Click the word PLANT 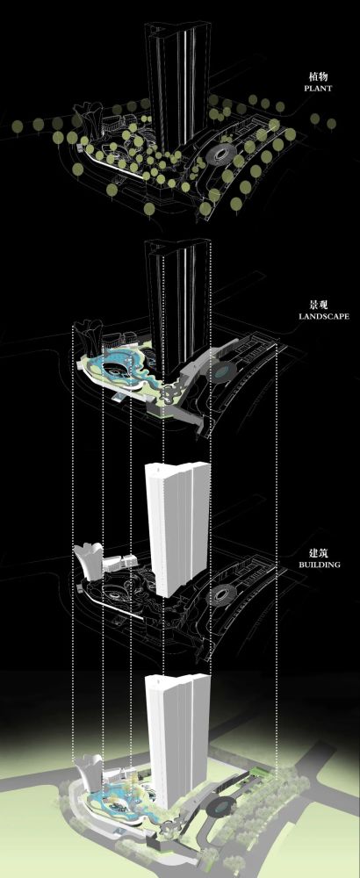coord(318,89)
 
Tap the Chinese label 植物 coord(318,76)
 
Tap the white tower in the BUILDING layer coord(176,529)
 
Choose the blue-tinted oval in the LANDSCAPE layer coord(223,371)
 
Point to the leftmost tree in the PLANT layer coord(18,126)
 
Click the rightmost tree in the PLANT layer coord(331,124)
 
